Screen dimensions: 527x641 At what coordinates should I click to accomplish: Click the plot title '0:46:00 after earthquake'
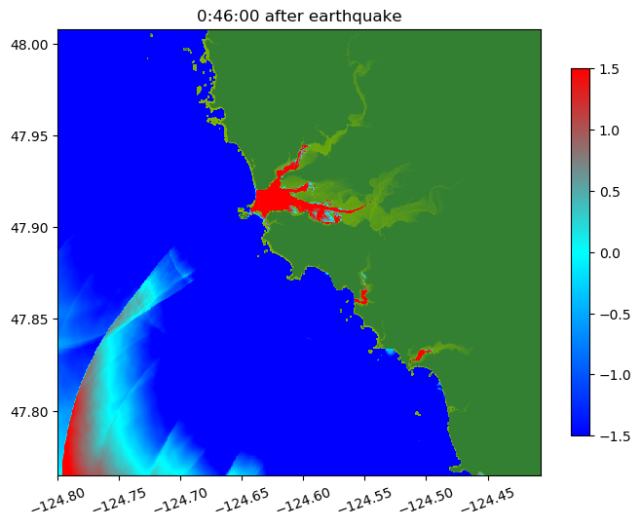[x=299, y=16]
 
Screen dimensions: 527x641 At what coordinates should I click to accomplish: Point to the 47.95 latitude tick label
[x=32, y=135]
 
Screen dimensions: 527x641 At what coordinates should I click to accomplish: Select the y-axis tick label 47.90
[x=32, y=228]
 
